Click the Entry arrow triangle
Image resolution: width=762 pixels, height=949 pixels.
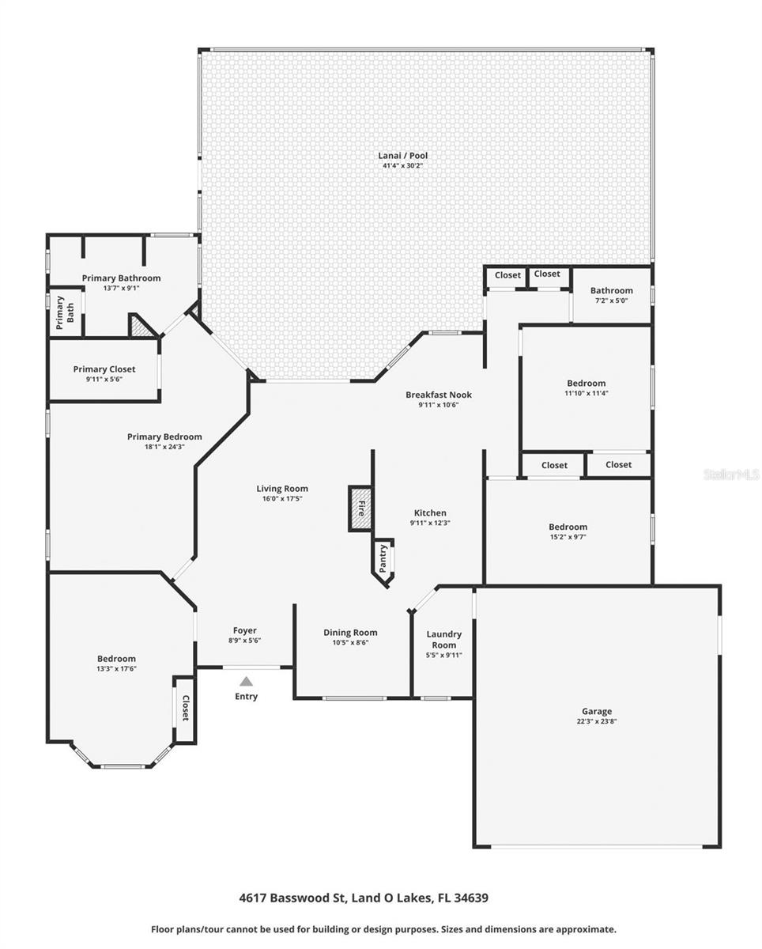246,681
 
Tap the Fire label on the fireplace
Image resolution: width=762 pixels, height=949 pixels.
362,508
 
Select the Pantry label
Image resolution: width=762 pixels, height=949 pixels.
383,558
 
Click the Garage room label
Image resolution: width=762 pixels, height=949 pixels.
597,711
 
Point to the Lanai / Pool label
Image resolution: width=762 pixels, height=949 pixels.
402,156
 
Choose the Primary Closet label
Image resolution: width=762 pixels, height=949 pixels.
104,369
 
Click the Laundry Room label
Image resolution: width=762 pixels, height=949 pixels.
443,639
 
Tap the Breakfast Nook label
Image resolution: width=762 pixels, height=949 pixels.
438,395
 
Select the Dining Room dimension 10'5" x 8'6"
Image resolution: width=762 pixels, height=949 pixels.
350,642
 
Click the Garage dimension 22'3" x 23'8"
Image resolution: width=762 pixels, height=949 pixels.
597,721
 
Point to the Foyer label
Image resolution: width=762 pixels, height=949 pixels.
244,630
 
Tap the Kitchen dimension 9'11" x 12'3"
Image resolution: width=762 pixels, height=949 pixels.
430,523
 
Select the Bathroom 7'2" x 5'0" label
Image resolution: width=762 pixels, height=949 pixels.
611,290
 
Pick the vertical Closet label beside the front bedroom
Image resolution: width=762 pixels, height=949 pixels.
185,708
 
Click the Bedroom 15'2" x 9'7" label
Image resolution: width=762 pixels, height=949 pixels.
568,527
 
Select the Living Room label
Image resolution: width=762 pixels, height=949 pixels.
281,489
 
